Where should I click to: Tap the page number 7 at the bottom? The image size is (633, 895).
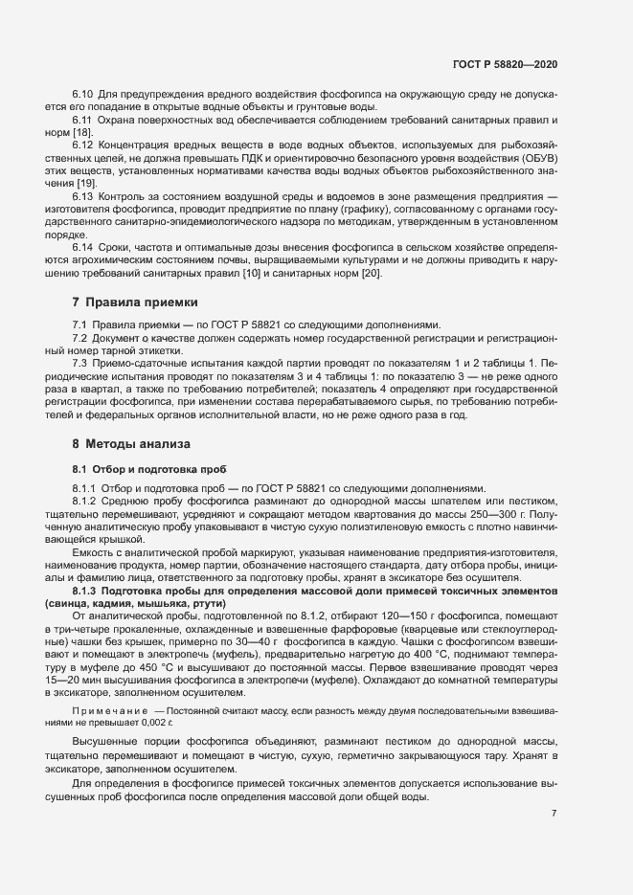point(554,813)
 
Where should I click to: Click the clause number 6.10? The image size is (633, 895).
point(82,94)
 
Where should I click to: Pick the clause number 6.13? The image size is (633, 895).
point(82,194)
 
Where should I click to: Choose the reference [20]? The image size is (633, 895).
point(371,274)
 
